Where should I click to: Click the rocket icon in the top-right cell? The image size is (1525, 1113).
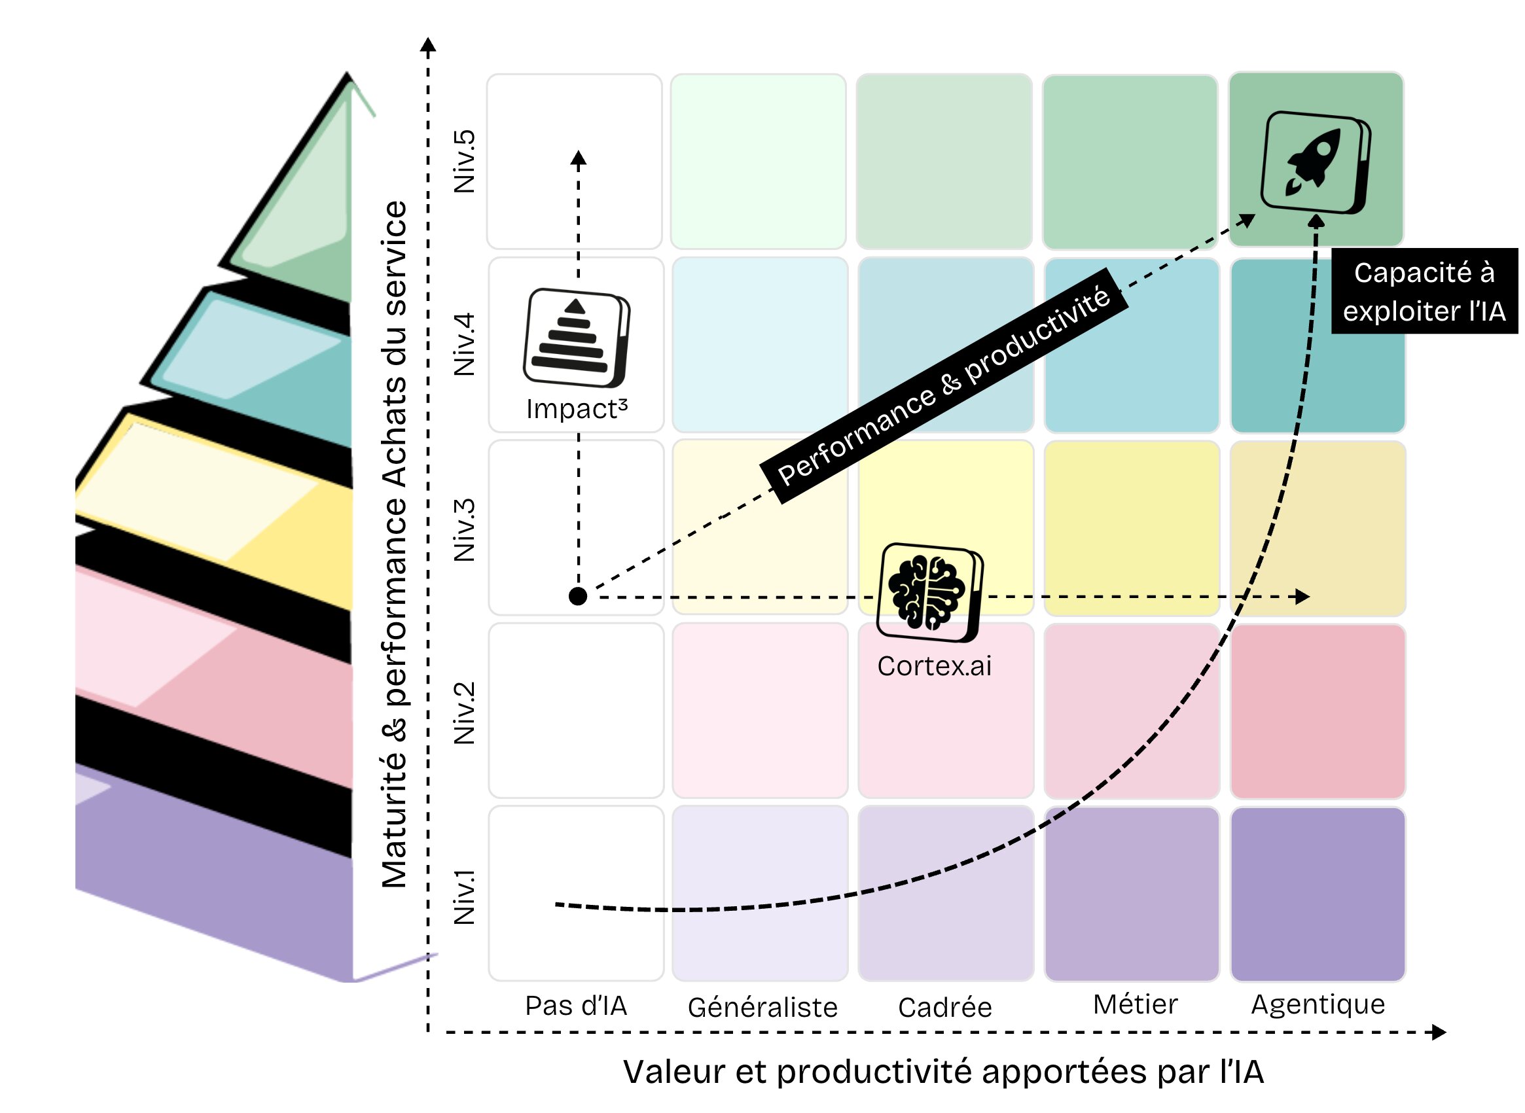tap(1315, 162)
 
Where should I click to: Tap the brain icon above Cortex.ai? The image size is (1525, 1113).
tap(930, 592)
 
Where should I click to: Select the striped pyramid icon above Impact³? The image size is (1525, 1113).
tap(576, 338)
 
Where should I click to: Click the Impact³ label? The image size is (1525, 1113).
tap(577, 409)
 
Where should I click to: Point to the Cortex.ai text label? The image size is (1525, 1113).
tap(934, 666)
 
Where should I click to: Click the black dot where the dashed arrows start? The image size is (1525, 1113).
tap(577, 596)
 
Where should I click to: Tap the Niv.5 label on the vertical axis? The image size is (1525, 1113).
tap(464, 162)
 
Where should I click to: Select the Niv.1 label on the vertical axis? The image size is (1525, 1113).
tap(464, 896)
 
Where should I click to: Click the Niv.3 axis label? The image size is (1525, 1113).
tap(464, 530)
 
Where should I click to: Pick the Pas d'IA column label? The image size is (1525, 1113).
tap(576, 1006)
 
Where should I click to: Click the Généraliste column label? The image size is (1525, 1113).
tap(762, 1008)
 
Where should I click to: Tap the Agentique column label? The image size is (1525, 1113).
tap(1318, 1005)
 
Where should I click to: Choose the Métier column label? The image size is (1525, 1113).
tap(1136, 1004)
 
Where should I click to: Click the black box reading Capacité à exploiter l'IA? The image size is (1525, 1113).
tap(1424, 291)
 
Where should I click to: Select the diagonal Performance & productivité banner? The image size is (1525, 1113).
tap(944, 385)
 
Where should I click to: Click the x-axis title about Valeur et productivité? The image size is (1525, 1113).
tap(943, 1072)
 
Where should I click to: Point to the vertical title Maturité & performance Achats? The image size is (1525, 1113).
tap(395, 544)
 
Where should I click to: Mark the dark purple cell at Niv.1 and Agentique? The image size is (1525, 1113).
tap(1318, 894)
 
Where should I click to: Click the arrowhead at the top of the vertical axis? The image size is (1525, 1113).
tap(428, 44)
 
